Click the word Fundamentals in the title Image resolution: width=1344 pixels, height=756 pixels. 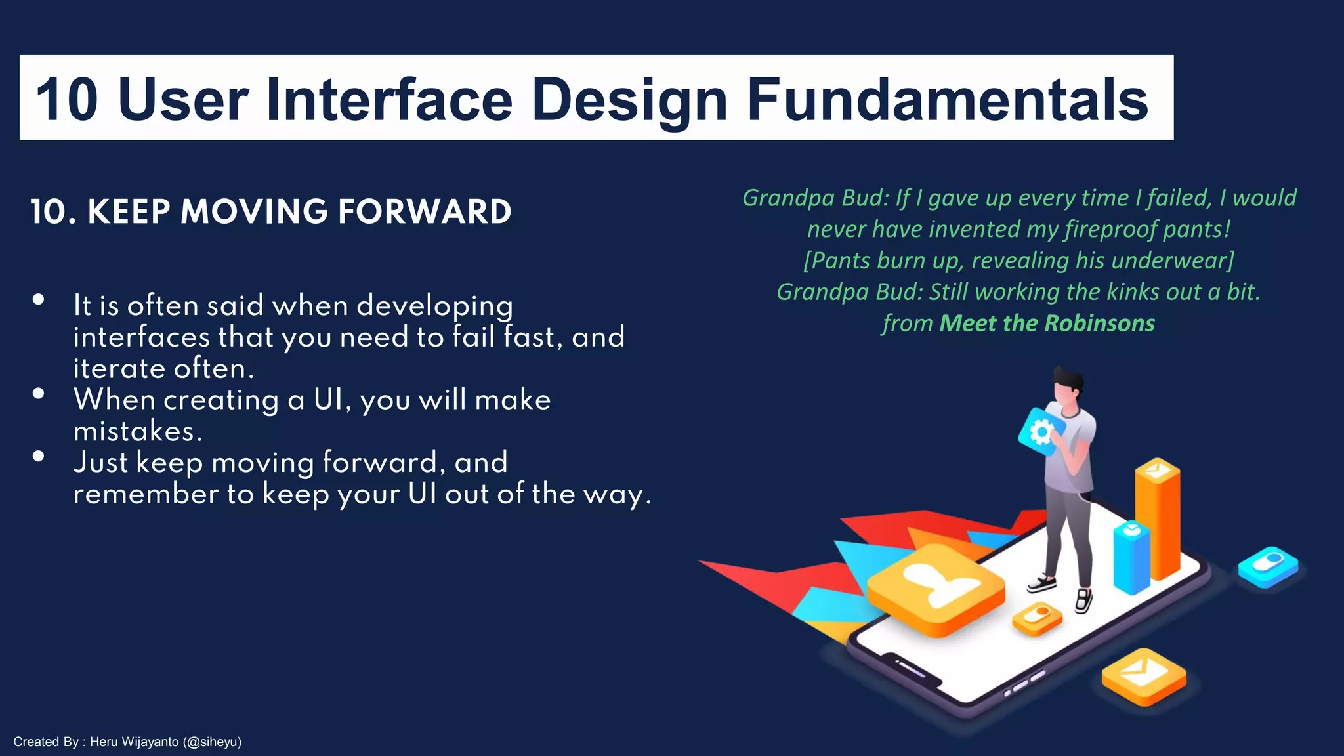click(947, 100)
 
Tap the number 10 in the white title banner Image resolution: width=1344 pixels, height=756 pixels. click(67, 100)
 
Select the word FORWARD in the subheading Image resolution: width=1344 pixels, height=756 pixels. click(424, 212)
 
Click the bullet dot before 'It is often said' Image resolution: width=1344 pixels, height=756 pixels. click(39, 299)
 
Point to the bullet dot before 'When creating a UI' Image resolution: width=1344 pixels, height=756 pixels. click(39, 394)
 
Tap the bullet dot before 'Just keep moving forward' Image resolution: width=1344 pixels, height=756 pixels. click(39, 456)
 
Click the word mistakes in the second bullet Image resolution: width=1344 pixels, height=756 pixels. click(138, 431)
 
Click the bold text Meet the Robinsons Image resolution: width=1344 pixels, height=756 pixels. click(1047, 324)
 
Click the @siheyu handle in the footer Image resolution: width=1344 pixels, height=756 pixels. click(213, 742)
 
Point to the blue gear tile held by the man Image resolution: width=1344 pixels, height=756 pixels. click(1040, 432)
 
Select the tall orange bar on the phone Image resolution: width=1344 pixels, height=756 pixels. click(1158, 518)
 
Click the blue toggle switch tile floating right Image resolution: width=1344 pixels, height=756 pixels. click(1268, 565)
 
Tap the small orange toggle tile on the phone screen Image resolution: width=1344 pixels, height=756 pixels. click(1038, 618)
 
